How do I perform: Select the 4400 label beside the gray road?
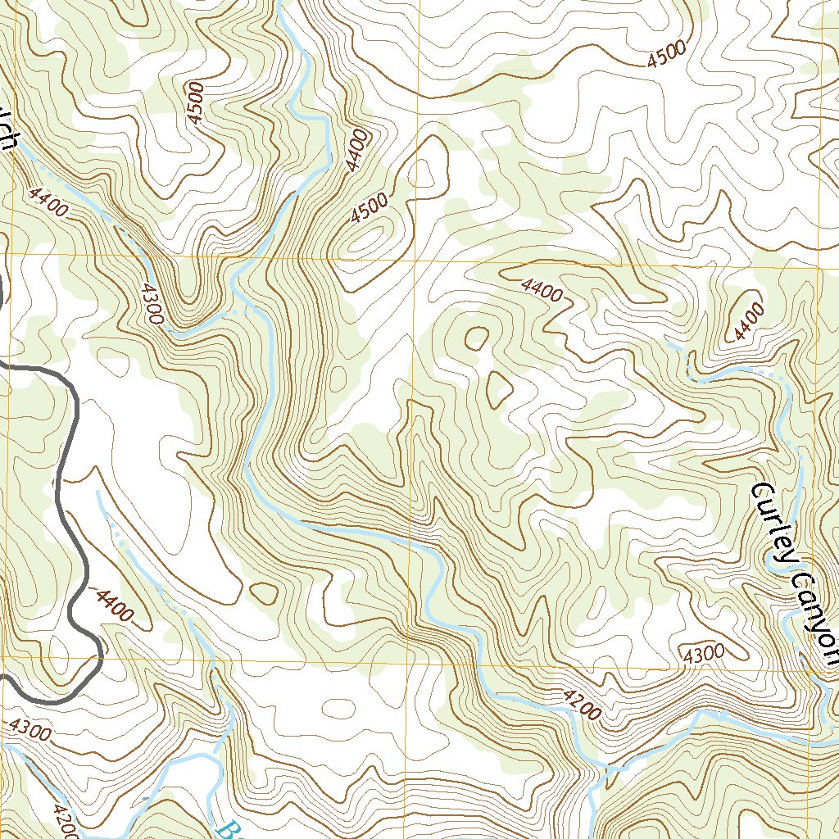[x=114, y=605]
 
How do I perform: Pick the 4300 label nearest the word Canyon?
[x=703, y=653]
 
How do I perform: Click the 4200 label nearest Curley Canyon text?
[x=583, y=705]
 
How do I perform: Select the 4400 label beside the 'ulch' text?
[x=47, y=202]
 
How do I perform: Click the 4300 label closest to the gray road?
[x=31, y=728]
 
